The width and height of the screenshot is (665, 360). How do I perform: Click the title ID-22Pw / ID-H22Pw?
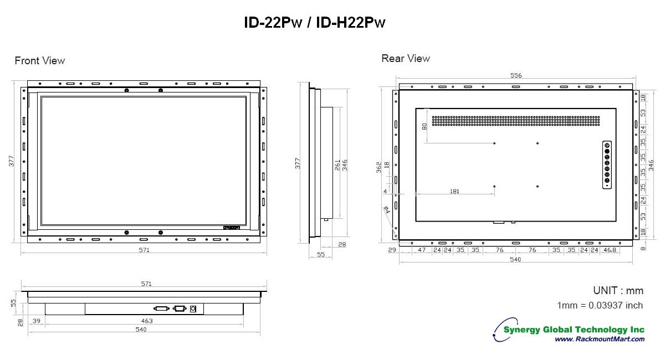point(314,23)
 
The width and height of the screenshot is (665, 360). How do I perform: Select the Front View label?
point(40,60)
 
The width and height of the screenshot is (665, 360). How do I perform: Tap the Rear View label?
point(406,58)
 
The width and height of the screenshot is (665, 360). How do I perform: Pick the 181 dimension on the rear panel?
point(454,192)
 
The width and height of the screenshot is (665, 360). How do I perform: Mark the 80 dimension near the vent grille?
point(424,127)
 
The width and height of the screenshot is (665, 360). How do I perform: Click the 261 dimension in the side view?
point(337,165)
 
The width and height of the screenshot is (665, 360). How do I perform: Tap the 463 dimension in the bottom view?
point(146,321)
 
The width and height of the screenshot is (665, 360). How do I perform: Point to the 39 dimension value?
point(37,321)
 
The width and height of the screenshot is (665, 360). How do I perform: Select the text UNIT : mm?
point(618,291)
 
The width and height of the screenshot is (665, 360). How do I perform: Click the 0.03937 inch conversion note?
point(600,305)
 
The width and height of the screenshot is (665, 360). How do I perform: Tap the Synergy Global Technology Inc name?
point(574,330)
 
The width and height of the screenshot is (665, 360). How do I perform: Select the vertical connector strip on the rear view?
point(607,165)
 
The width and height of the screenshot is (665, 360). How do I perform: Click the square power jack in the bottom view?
point(193,308)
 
